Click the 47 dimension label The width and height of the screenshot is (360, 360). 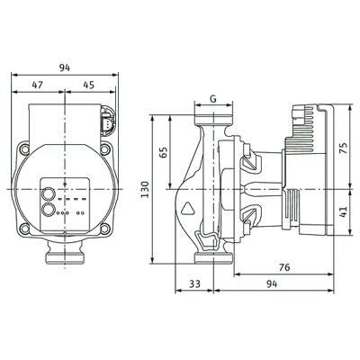point(38,85)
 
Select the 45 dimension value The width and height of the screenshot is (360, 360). point(88,85)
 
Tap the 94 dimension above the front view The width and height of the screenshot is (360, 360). point(64,67)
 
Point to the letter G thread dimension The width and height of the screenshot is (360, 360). point(213,99)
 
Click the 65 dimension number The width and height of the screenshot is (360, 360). point(163,152)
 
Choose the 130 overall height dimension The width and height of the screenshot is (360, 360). point(145,189)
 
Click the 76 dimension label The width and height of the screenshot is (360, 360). point(284,266)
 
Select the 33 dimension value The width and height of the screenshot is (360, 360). point(194,283)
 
